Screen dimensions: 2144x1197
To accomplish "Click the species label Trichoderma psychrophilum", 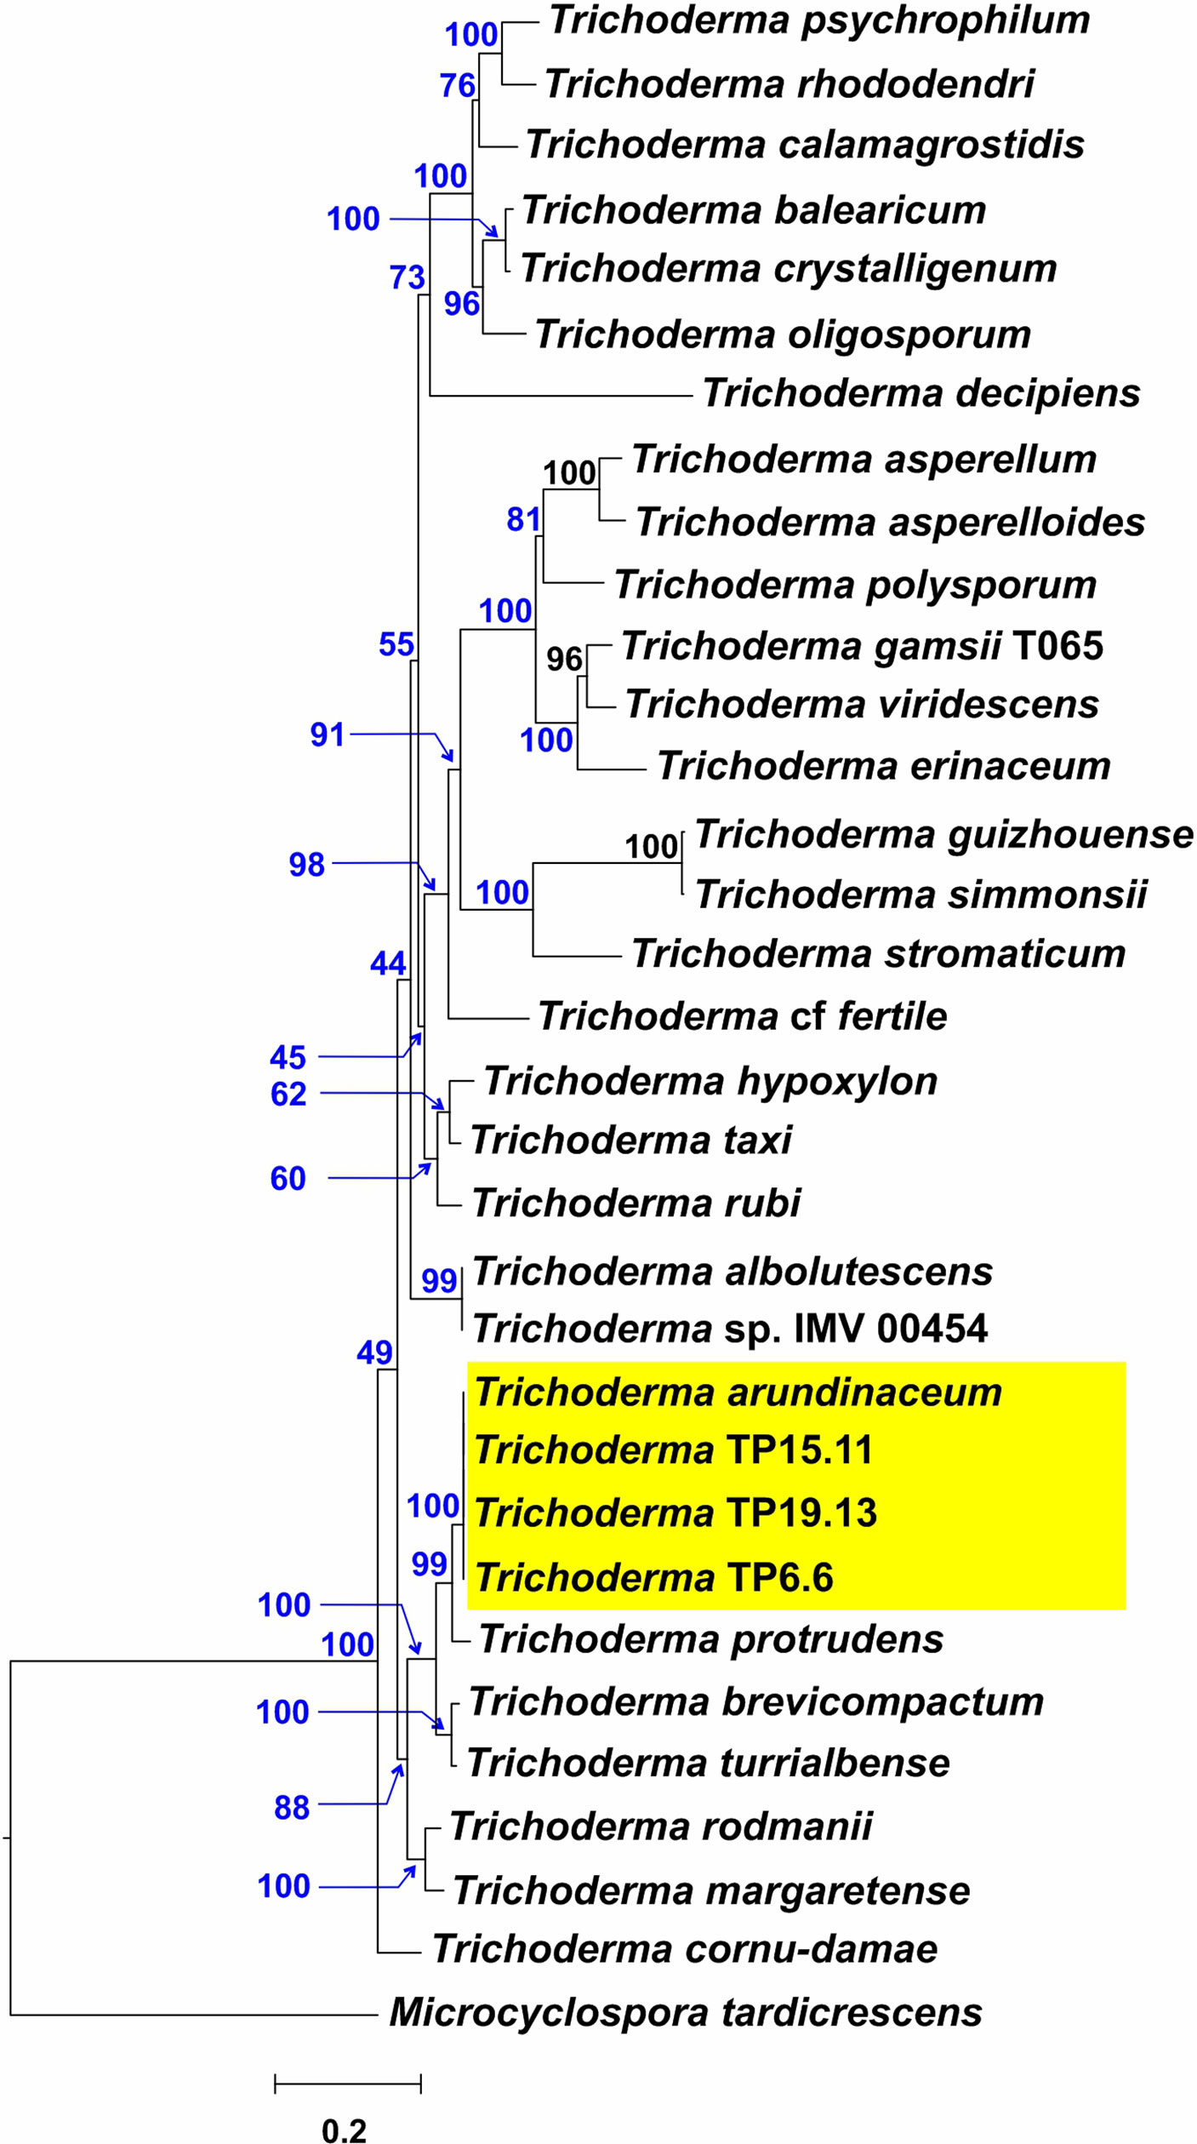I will click(x=818, y=20).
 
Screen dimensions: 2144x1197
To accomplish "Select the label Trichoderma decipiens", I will click(x=921, y=393).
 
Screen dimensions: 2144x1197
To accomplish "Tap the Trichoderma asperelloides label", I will click(x=890, y=522).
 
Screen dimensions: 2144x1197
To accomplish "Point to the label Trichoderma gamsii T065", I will click(x=862, y=645).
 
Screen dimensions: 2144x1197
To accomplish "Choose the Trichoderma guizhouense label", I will click(x=943, y=834).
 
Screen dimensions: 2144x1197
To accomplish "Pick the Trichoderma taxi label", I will click(x=630, y=1140).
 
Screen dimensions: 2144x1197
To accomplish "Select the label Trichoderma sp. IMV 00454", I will click(x=730, y=1329).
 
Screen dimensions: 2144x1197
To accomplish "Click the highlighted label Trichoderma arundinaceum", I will click(x=738, y=1392).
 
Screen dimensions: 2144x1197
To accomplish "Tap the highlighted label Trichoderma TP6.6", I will click(x=653, y=1577).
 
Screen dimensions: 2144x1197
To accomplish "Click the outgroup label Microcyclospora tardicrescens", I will click(x=686, y=2013).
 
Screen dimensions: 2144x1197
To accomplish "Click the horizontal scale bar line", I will click(x=347, y=2084).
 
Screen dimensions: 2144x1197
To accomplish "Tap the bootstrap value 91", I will click(x=328, y=735).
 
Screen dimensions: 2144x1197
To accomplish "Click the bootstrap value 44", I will click(x=388, y=963).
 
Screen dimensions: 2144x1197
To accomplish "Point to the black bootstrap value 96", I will click(x=564, y=659).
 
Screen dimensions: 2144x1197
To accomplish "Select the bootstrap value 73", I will click(x=407, y=277).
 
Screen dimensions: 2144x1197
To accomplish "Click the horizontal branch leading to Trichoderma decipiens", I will click(x=561, y=396).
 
